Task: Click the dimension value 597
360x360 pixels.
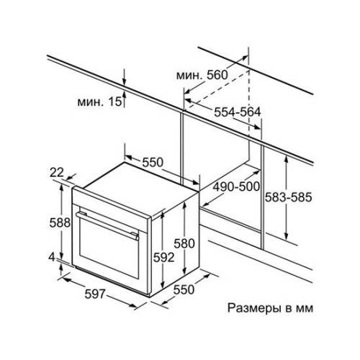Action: point(95,294)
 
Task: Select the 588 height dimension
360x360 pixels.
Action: point(60,222)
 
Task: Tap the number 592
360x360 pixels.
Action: point(164,258)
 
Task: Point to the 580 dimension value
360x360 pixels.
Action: point(184,243)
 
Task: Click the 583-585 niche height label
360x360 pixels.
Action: point(288,197)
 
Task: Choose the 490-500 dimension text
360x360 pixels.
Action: point(236,186)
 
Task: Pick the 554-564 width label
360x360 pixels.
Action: point(237,112)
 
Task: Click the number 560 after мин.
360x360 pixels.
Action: point(217,75)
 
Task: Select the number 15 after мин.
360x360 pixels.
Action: point(115,102)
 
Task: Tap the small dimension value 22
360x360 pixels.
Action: point(57,172)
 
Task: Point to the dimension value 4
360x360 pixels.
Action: point(52,258)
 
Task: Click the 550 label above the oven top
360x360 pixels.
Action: point(153,162)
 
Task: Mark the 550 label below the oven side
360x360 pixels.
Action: point(184,289)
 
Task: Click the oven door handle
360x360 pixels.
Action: point(107,225)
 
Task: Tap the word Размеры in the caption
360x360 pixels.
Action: point(254,308)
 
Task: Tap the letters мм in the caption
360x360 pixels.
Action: point(305,309)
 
